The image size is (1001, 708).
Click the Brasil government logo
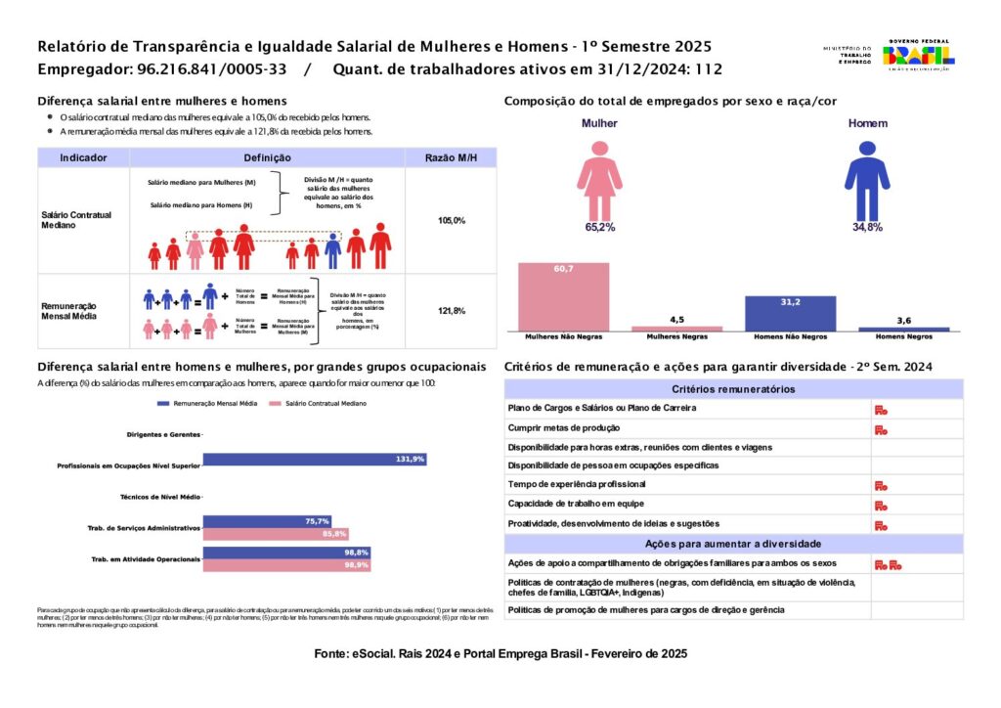click(918, 55)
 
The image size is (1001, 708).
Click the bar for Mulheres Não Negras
click(563, 296)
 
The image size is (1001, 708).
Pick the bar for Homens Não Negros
click(790, 313)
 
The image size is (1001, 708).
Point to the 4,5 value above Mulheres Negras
click(676, 319)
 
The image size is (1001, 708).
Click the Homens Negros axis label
click(903, 337)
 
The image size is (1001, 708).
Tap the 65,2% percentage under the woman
click(599, 227)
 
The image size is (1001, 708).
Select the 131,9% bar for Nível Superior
click(315, 460)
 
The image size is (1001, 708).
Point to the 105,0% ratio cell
click(452, 221)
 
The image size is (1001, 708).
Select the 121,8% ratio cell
click(452, 311)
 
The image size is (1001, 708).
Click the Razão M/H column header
click(452, 157)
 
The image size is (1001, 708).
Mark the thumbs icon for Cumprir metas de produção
click(881, 429)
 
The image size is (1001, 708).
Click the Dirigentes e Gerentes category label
click(163, 434)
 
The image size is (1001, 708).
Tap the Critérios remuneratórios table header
click(733, 389)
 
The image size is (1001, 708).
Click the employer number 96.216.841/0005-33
click(206, 69)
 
